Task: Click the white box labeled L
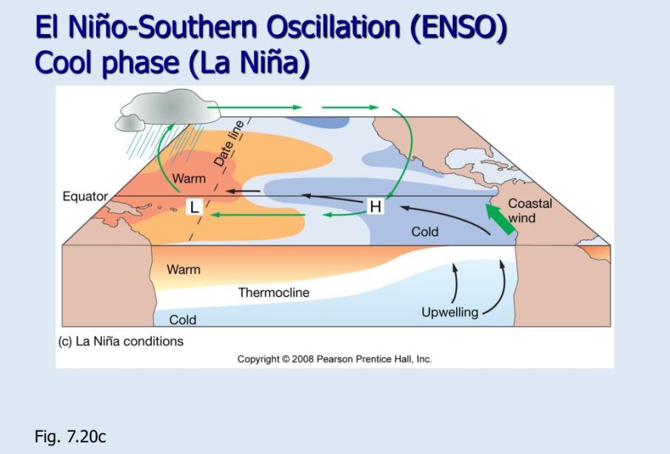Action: [x=194, y=207]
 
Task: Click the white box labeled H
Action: [x=375, y=207]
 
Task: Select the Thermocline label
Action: [x=273, y=293]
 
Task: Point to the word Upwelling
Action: [x=449, y=313]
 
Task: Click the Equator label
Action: [x=85, y=197]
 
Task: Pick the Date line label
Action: [x=229, y=143]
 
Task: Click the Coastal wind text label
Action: [x=529, y=210]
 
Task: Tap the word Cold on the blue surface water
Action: [x=425, y=232]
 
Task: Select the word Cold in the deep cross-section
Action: [x=182, y=320]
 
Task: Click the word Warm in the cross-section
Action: [x=184, y=270]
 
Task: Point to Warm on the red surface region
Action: [x=189, y=178]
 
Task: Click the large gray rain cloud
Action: [x=171, y=106]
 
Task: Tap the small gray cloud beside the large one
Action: [x=130, y=123]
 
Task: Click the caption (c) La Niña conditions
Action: [x=121, y=341]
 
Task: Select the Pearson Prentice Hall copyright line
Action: [x=335, y=359]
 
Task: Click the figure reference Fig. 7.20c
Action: [x=70, y=436]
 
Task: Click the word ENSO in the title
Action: [x=458, y=27]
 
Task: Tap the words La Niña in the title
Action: [x=248, y=62]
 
